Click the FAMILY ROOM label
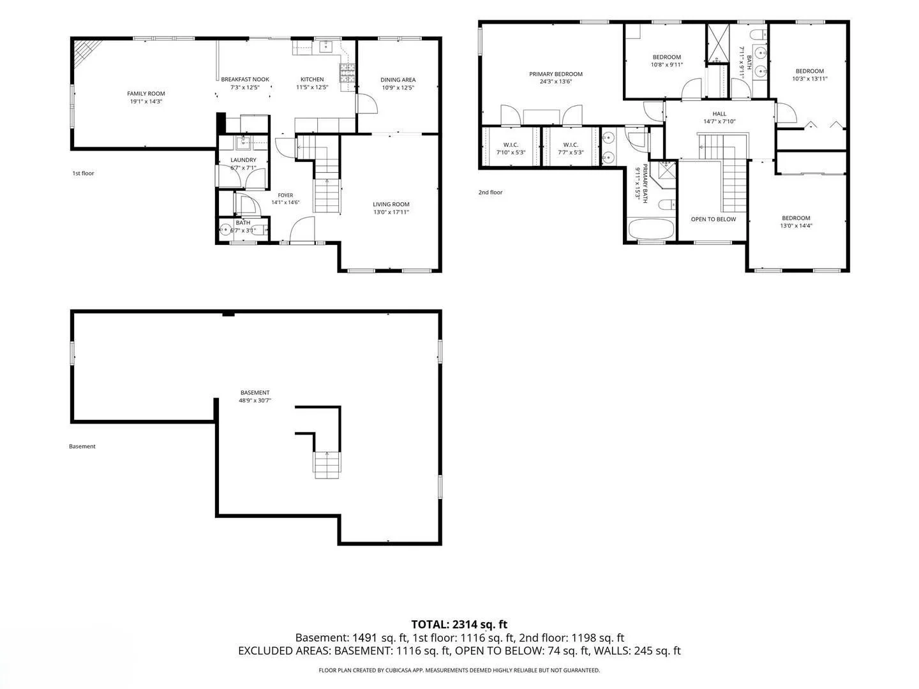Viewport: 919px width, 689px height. coord(146,94)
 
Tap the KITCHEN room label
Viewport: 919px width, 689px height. coord(312,80)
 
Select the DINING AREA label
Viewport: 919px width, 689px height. coord(398,80)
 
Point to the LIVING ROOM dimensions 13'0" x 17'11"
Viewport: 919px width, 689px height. coord(391,212)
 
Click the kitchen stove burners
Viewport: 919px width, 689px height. coord(347,73)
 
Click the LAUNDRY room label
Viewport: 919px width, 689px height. coord(243,160)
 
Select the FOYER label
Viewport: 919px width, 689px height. coord(285,195)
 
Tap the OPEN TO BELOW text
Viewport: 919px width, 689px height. coord(713,219)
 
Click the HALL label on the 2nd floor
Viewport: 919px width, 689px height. coord(719,114)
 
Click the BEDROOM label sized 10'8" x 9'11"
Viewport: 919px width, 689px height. coord(666,57)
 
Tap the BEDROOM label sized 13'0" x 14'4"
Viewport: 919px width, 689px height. coord(796,218)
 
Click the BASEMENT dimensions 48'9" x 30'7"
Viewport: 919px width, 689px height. coord(255,401)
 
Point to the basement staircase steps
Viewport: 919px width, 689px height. coord(327,465)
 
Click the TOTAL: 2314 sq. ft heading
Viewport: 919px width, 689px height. coord(459,625)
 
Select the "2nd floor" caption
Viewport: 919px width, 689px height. coord(490,193)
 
